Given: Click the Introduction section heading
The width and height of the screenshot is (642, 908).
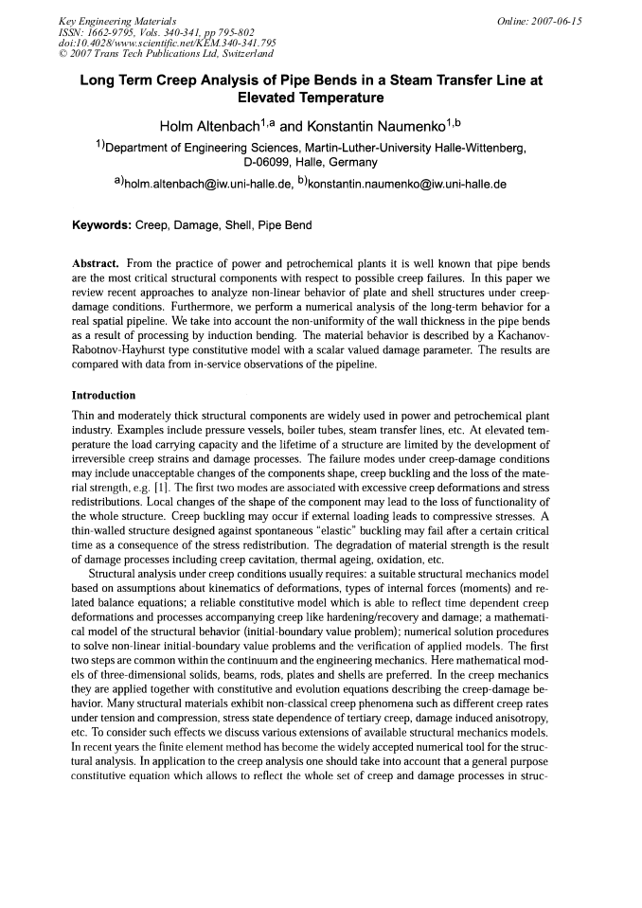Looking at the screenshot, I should [103, 395].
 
